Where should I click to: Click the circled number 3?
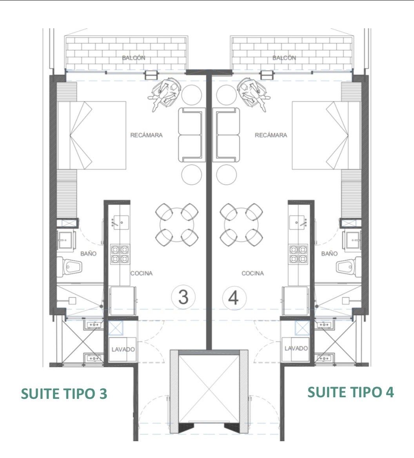[183, 297]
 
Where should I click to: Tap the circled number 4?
[234, 298]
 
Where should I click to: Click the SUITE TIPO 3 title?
[64, 394]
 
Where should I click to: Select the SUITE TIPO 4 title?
[350, 392]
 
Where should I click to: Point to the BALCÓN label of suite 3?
[133, 58]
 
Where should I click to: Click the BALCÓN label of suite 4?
[284, 58]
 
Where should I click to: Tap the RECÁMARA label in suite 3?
[146, 135]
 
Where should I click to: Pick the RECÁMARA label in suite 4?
[271, 135]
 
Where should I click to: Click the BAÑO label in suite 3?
[89, 254]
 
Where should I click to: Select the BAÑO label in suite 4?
[329, 254]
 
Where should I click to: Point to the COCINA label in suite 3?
[142, 273]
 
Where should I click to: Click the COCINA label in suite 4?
[253, 273]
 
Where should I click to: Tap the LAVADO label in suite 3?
[123, 349]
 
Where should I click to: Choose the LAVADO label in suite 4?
[296, 348]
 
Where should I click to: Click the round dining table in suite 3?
[177, 225]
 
